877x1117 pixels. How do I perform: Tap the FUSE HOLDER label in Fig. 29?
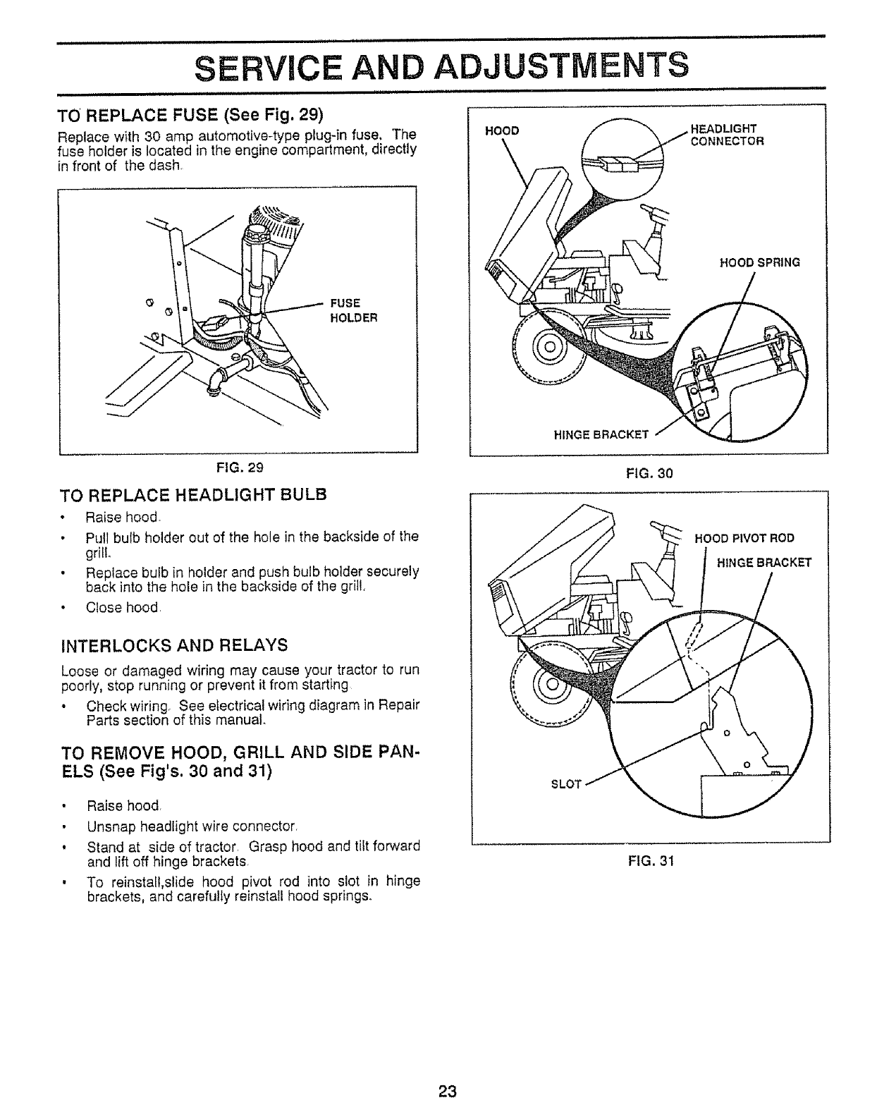(x=355, y=310)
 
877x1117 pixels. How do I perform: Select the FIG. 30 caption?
(x=650, y=474)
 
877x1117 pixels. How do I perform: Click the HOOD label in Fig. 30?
(x=503, y=131)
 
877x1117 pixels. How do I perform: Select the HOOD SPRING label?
(x=759, y=263)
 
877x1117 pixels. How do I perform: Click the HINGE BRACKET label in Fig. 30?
(x=601, y=434)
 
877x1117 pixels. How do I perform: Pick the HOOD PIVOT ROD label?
(x=744, y=538)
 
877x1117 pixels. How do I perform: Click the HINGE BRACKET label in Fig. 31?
(x=764, y=562)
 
